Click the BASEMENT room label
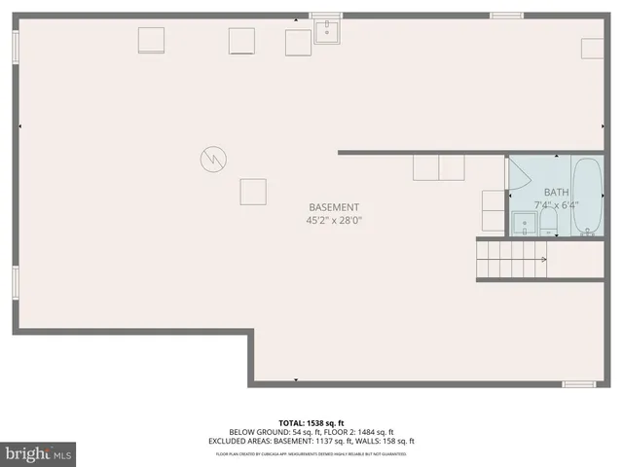click(334, 207)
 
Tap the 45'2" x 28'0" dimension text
click(334, 221)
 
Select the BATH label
click(556, 192)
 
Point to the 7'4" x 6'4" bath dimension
click(556, 205)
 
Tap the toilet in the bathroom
click(548, 225)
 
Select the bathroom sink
click(526, 228)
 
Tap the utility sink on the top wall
click(327, 31)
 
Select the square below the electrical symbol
click(253, 191)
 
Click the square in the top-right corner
click(593, 50)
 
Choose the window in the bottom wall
click(579, 384)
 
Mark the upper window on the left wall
click(15, 48)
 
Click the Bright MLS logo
click(40, 452)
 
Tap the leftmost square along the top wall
click(151, 41)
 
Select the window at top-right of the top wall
click(506, 15)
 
